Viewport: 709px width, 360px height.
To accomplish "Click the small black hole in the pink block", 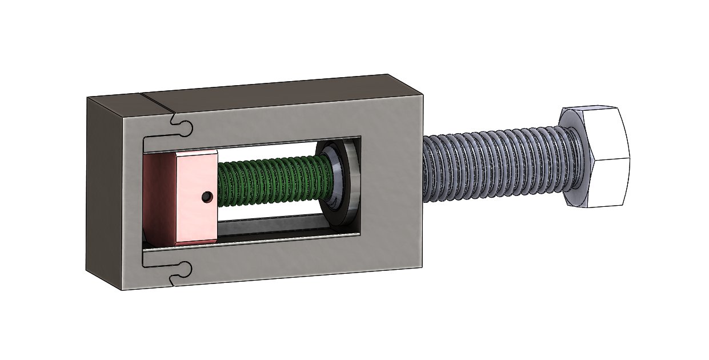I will (x=207, y=197).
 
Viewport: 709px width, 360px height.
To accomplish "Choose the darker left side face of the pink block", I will (x=159, y=198).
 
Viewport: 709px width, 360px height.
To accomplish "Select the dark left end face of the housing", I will (x=103, y=191).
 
